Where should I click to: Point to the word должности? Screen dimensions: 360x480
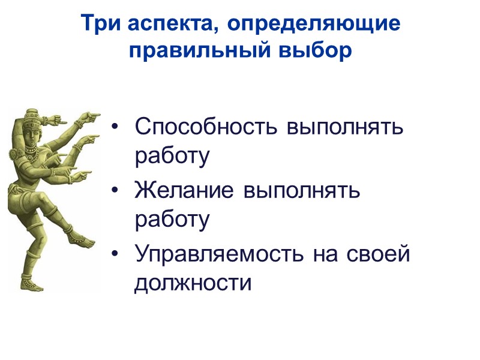(193, 281)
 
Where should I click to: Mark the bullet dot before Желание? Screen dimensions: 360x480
(116, 191)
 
